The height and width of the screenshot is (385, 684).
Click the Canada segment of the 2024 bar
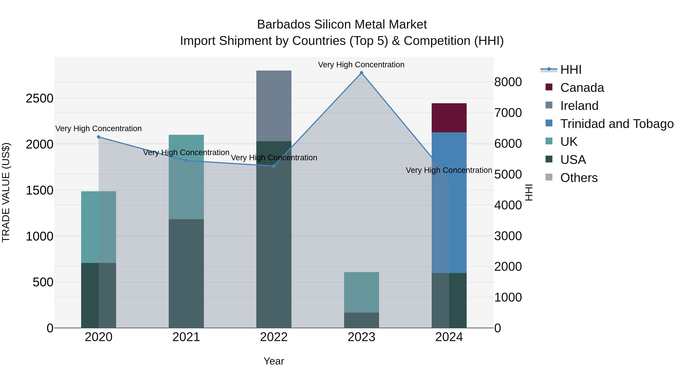(449, 118)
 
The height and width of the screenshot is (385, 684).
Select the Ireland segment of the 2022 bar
(274, 106)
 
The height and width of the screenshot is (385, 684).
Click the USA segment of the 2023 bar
(361, 320)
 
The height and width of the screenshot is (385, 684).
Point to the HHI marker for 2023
(361, 73)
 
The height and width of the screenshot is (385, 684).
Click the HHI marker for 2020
(98, 137)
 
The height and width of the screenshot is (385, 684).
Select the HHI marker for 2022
(274, 166)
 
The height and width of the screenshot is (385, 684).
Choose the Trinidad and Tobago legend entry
(617, 124)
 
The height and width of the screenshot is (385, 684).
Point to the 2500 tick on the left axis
(40, 98)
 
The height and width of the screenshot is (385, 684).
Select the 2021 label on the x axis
(186, 337)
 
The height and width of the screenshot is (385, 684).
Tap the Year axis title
(274, 361)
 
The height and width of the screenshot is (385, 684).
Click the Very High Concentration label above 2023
(361, 65)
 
